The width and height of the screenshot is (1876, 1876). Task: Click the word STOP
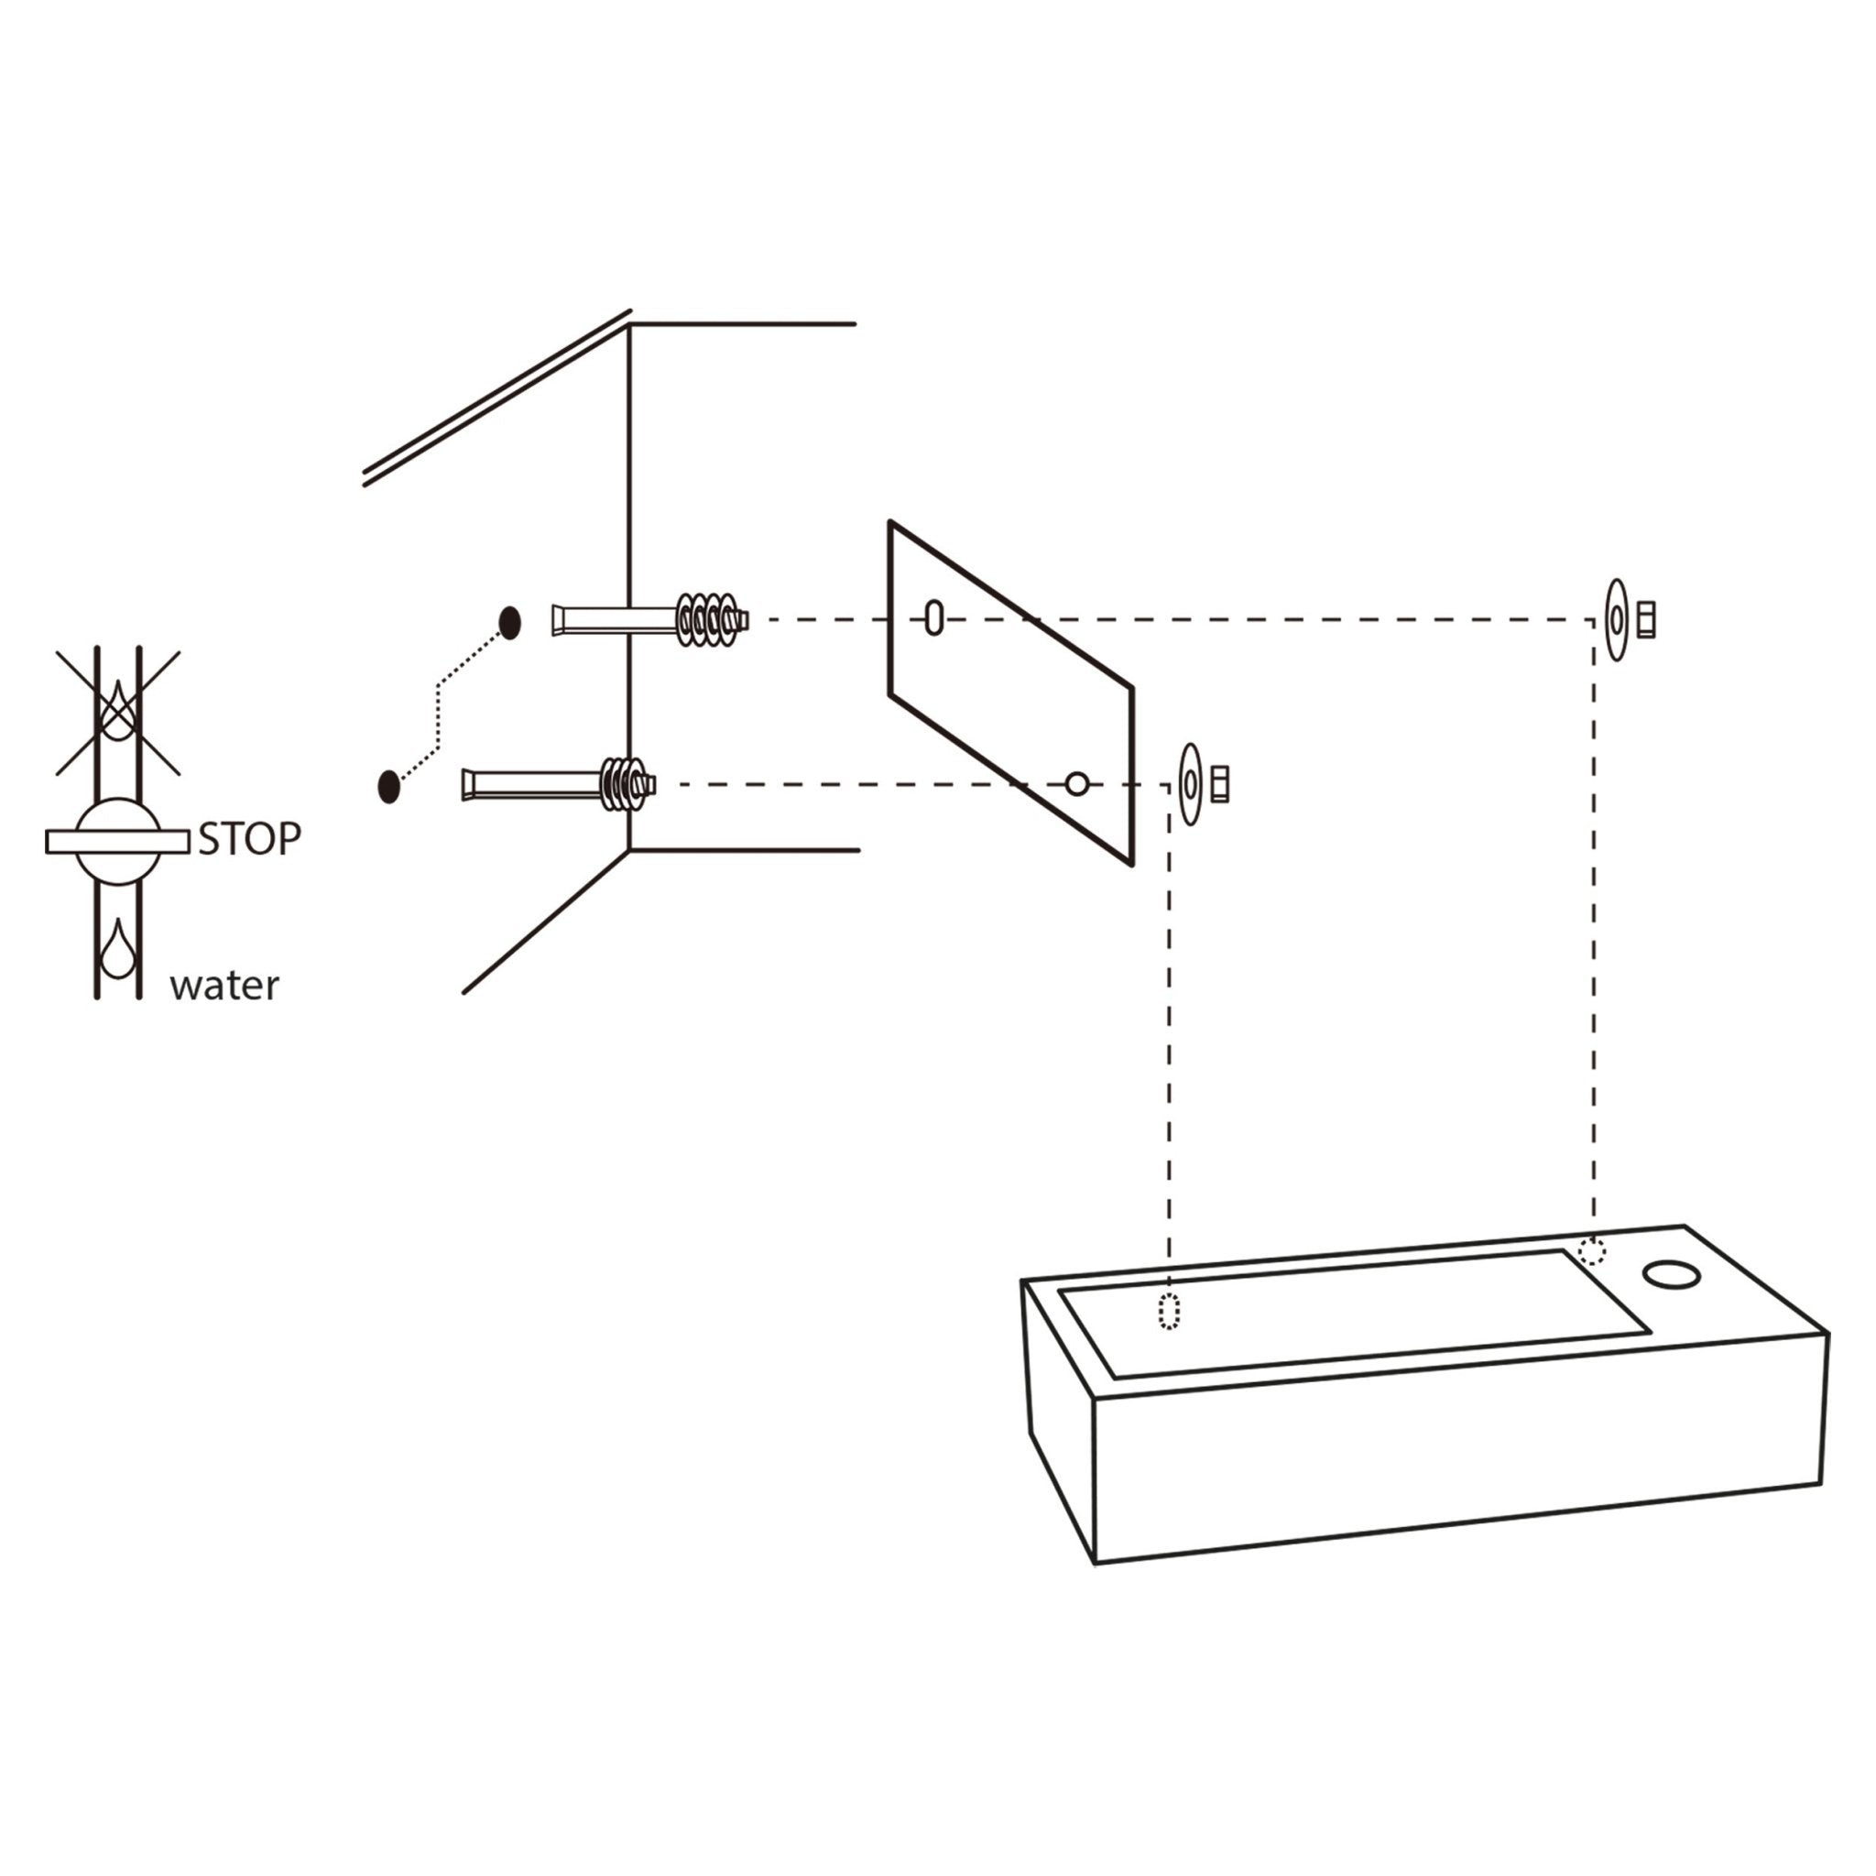coord(249,839)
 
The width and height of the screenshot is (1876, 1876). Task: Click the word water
coord(224,987)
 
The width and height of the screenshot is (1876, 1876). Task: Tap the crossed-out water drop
coord(118,710)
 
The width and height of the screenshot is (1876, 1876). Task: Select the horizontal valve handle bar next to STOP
coord(117,842)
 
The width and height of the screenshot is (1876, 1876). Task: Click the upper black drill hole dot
coord(510,622)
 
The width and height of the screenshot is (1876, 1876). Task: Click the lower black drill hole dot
coord(388,786)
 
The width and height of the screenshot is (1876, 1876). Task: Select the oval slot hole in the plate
coord(934,617)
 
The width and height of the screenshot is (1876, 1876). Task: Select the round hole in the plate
coord(1077,783)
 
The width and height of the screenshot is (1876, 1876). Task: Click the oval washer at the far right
coord(1616,619)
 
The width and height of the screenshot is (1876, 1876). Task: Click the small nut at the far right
coord(1646,619)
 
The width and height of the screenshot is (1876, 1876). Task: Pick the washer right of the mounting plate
coord(1191,783)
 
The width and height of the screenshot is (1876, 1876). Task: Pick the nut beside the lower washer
coord(1220,783)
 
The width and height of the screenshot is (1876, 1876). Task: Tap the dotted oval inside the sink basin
coord(1169,1312)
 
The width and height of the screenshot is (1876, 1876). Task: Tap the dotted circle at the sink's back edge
coord(1591,1251)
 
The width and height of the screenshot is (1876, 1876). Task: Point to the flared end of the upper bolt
coord(559,619)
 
